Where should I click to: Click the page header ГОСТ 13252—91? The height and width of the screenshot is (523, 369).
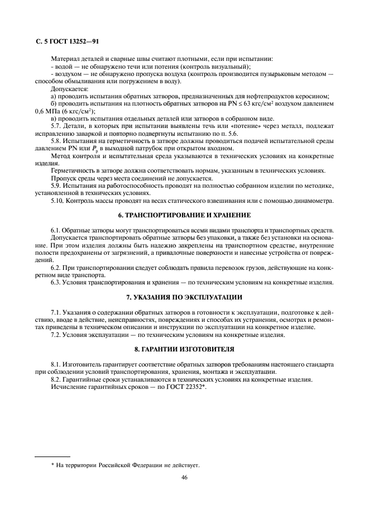tap(67, 41)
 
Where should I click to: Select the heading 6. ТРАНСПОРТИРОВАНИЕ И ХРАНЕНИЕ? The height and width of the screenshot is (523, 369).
tap(184, 215)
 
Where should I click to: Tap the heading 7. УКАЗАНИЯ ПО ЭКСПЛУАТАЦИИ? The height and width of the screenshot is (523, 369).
tap(184, 296)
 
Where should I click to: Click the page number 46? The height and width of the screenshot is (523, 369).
tap(184, 477)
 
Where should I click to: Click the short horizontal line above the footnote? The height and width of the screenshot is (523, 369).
tap(52, 457)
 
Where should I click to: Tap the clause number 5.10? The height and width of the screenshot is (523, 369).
tap(57, 201)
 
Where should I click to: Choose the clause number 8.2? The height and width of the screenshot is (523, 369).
tap(56, 380)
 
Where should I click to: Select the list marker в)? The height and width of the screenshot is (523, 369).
tap(54, 119)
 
